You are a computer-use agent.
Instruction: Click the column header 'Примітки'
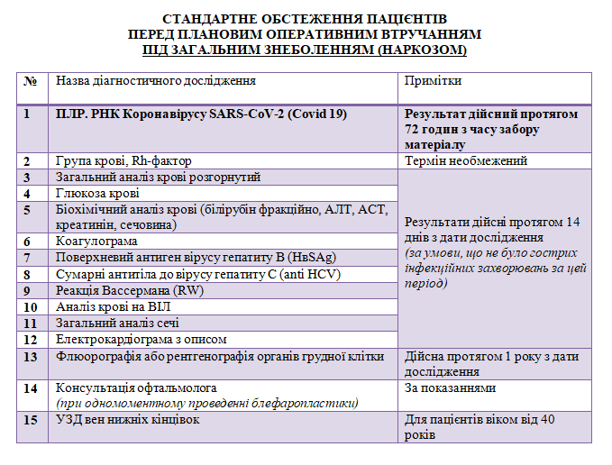point(433,81)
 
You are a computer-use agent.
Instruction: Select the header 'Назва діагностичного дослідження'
point(156,81)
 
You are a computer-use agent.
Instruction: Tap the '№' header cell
point(31,81)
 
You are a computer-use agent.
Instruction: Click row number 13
point(31,356)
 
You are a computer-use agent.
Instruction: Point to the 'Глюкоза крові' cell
point(98,194)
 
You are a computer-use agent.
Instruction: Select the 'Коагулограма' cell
point(96,242)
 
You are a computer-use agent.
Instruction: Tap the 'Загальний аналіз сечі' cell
point(117,323)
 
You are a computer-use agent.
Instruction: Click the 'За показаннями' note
point(451,388)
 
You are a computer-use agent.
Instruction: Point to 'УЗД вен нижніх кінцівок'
point(127,420)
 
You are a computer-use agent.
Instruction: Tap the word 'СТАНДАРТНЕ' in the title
point(213,19)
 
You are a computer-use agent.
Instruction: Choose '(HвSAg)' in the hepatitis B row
point(307,258)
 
